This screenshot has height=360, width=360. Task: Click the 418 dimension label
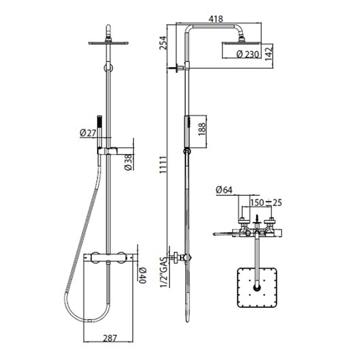215,20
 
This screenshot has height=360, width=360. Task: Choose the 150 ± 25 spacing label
267,201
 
